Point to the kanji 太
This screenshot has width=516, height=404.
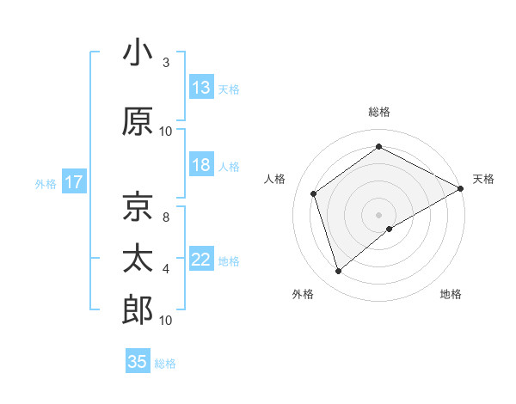[138, 259]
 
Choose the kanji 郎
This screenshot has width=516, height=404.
[138, 309]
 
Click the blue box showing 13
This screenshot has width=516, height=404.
[201, 88]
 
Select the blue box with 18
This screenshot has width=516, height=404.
[201, 165]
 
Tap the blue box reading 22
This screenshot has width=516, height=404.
[201, 260]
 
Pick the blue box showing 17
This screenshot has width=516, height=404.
[73, 182]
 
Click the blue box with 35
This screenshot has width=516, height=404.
[138, 362]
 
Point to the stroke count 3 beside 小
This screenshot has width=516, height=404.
[166, 63]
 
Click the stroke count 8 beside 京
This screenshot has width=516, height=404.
[166, 217]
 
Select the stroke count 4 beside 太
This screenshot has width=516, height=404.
[166, 269]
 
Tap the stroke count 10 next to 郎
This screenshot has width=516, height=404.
[166, 321]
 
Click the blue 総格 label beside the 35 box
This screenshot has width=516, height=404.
[165, 364]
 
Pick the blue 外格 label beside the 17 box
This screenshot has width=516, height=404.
[46, 183]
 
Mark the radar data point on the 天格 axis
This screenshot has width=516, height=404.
[461, 189]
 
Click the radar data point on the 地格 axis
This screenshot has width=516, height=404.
[390, 229]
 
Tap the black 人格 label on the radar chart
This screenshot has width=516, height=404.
[275, 178]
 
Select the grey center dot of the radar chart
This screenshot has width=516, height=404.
[378, 213]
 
